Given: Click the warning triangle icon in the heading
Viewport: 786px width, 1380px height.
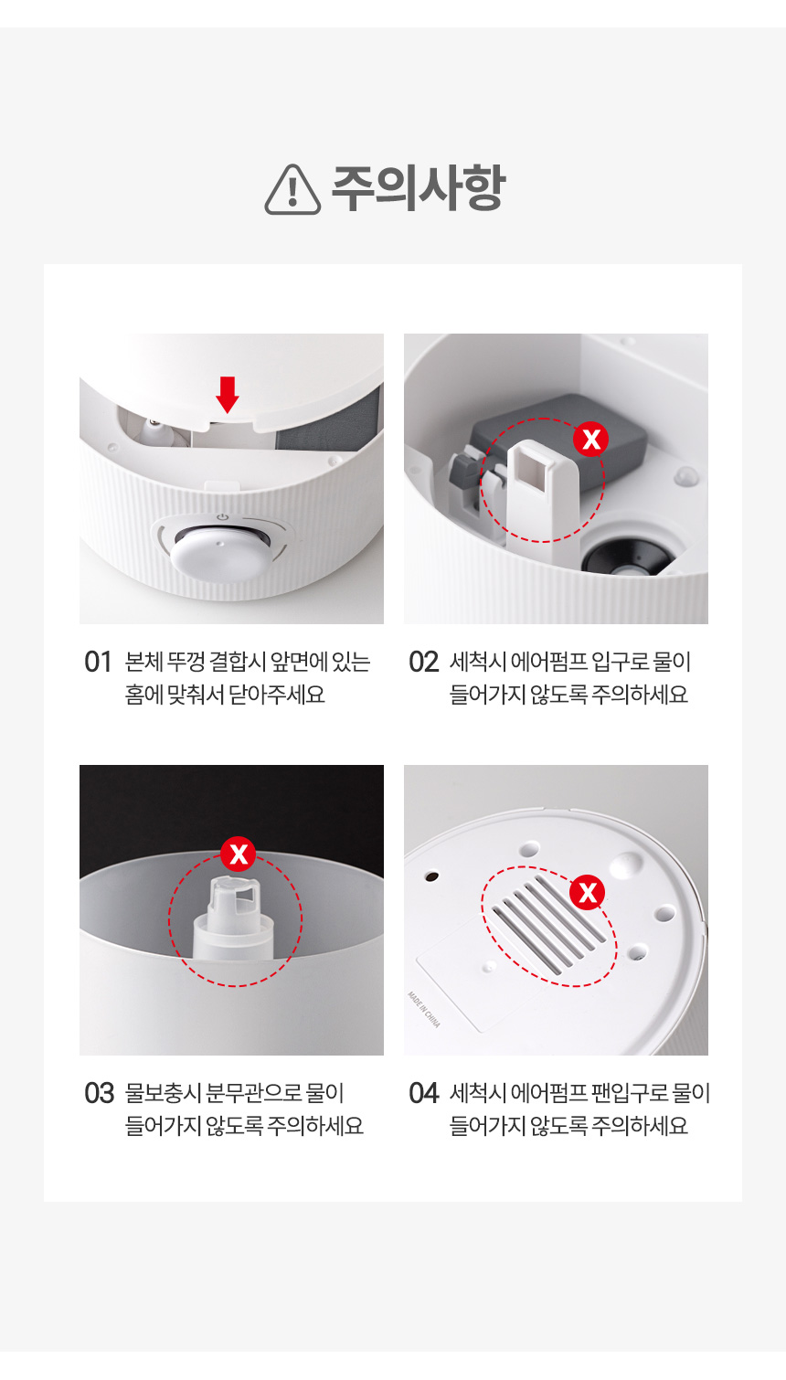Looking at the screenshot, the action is [x=292, y=189].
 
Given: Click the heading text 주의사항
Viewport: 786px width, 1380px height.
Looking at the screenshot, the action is [x=419, y=188].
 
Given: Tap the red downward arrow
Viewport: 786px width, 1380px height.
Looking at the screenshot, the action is [x=228, y=395].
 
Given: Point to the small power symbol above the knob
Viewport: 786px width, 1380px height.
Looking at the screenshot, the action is [x=223, y=517].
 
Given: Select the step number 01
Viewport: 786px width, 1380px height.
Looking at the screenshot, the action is [x=98, y=663].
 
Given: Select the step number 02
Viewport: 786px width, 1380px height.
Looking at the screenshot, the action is [x=423, y=663].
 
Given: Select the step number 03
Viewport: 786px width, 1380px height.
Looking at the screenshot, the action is [x=100, y=1094].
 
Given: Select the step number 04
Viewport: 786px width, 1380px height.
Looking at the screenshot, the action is [x=424, y=1094].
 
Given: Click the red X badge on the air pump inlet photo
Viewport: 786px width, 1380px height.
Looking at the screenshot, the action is [x=590, y=440].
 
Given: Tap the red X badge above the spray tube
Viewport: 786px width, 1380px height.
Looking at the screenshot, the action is [x=239, y=855].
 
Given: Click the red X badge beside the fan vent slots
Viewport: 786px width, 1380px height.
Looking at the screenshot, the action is [x=587, y=892].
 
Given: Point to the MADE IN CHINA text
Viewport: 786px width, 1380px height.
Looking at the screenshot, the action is [x=424, y=1010].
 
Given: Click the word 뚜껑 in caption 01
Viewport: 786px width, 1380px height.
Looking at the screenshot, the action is [x=186, y=663].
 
